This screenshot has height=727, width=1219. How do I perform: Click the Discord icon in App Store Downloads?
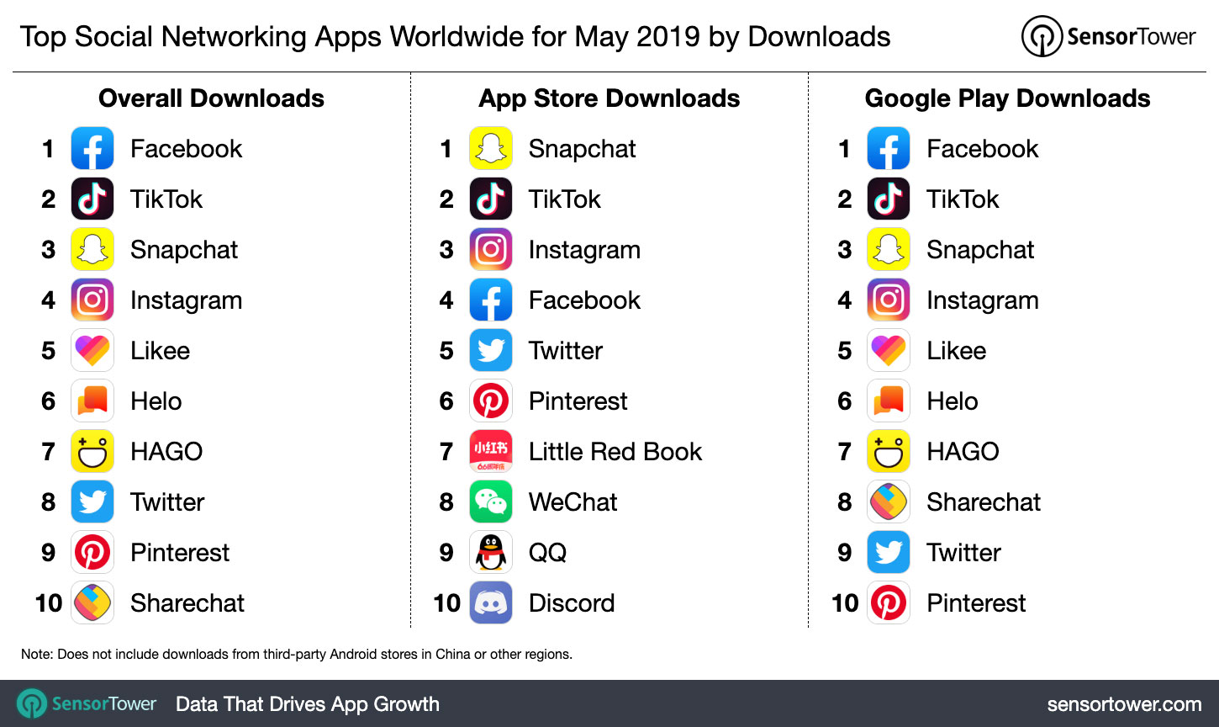coord(491,602)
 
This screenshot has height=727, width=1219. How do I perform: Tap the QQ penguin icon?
coord(491,552)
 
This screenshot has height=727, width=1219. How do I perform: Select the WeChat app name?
coord(573,502)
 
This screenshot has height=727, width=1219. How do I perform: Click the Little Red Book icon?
coord(491,451)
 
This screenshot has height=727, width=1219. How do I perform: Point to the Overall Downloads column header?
coord(211,98)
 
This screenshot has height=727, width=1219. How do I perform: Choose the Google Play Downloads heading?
coord(1007,98)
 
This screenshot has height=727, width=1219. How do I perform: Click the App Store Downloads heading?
coord(609,98)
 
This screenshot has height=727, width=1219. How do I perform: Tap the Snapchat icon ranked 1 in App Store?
coord(491,148)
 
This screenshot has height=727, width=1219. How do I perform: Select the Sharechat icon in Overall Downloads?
coord(92,602)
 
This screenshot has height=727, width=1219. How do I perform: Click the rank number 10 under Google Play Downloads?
coord(845,603)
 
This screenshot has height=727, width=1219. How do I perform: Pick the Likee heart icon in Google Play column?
coord(889,350)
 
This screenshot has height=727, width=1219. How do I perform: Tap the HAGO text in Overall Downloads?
coord(166,452)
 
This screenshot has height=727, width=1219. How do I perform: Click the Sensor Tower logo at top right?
coord(1108,37)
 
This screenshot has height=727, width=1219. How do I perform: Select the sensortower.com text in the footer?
coord(1124,704)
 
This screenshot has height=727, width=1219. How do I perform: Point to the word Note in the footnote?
coord(36,654)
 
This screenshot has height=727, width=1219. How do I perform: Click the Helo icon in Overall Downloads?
coord(92,401)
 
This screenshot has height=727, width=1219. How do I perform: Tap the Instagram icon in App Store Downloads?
coord(491,249)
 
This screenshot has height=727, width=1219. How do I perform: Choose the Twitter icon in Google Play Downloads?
coord(889,552)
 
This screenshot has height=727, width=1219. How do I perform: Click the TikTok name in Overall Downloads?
coord(166,199)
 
